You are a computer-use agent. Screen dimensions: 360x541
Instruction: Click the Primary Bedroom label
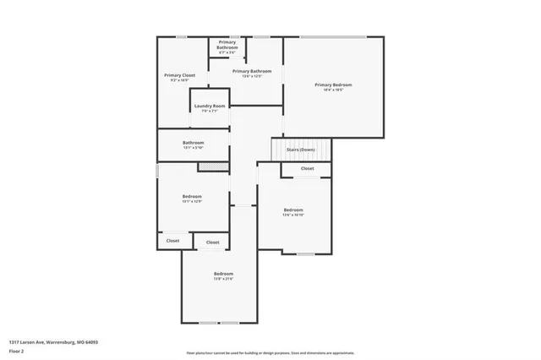[x=333, y=85]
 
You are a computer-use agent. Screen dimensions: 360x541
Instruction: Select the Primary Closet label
[x=179, y=75]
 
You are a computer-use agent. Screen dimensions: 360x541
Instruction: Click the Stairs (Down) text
[x=301, y=150]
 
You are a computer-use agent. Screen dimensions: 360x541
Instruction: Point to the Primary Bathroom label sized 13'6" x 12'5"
[x=253, y=72]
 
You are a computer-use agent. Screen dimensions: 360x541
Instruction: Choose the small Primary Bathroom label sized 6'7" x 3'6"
[x=227, y=42]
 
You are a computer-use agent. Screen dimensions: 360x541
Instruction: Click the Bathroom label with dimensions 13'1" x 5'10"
[x=194, y=143]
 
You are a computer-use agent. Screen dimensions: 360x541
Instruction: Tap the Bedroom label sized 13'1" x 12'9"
[x=193, y=196]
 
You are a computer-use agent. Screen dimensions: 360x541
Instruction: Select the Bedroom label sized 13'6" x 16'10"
[x=293, y=210]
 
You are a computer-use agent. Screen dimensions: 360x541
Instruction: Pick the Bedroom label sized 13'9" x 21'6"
[x=223, y=274]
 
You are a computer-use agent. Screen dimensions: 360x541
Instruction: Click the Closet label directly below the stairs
[x=307, y=168]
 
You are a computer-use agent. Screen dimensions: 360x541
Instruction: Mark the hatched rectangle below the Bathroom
[x=215, y=166]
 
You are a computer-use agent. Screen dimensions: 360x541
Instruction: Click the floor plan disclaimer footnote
[x=270, y=353]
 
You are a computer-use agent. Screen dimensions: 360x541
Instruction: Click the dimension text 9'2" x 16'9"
[x=179, y=80]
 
